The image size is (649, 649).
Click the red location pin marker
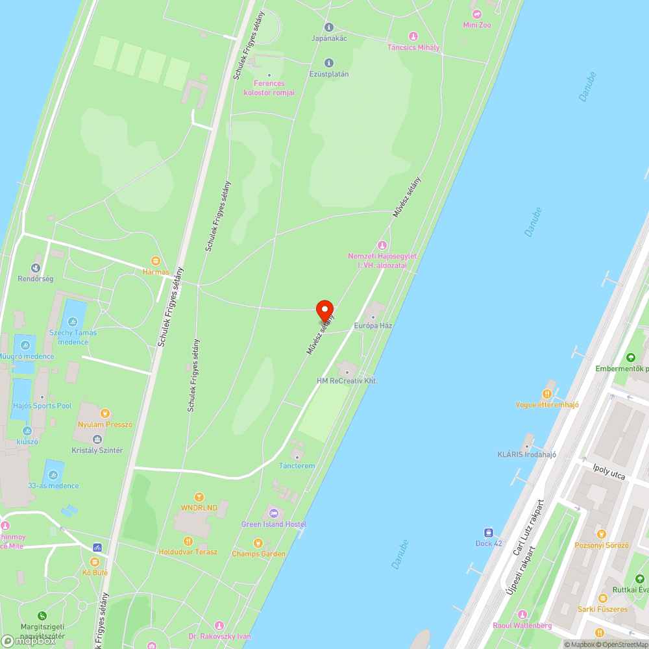(x=324, y=310)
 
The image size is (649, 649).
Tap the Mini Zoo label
(x=477, y=25)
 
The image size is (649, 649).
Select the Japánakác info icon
(x=328, y=27)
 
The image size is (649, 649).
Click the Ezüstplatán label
(x=328, y=73)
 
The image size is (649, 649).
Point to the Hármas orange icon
(x=155, y=261)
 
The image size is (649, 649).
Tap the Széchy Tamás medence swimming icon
(x=73, y=322)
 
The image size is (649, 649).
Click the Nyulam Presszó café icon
(x=104, y=413)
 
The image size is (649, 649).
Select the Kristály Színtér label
(x=97, y=450)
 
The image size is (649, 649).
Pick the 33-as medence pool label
(x=53, y=485)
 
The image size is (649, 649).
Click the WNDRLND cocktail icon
(x=199, y=496)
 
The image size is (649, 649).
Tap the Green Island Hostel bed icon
(x=273, y=513)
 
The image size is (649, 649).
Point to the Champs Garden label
(x=258, y=554)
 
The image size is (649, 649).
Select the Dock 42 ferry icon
(x=489, y=532)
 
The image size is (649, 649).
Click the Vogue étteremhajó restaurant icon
(x=548, y=393)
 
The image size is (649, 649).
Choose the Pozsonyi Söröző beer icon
(x=602, y=533)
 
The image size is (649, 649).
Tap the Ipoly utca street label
(x=609, y=472)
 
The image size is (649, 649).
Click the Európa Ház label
(x=373, y=325)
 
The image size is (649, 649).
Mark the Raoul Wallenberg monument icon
(x=522, y=614)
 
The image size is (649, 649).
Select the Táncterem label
(x=297, y=466)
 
